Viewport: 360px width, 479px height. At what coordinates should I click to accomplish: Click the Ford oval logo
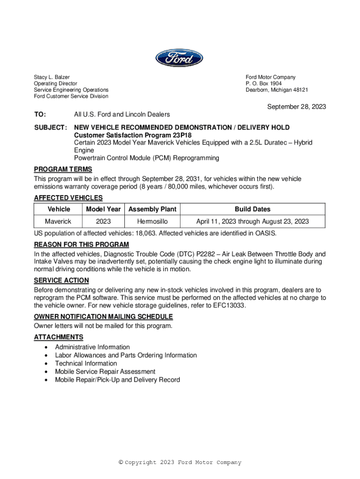pyautogui.click(x=180, y=58)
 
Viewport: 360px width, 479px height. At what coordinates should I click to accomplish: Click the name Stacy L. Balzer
pyautogui.click(x=51, y=77)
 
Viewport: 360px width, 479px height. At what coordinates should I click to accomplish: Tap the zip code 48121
pyautogui.click(x=299, y=90)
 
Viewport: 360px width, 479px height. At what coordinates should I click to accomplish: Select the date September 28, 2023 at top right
pyautogui.click(x=296, y=107)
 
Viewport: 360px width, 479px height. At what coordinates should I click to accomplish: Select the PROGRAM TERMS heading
pyautogui.click(x=63, y=169)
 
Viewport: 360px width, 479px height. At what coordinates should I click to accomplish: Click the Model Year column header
pyautogui.click(x=103, y=209)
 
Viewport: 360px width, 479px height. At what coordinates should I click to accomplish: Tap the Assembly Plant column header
pyautogui.click(x=152, y=209)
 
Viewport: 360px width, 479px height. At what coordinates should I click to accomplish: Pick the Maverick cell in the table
pyautogui.click(x=58, y=221)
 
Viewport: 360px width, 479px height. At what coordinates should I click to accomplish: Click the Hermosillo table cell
pyautogui.click(x=152, y=221)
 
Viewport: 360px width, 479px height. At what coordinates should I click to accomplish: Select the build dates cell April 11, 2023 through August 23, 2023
pyautogui.click(x=252, y=221)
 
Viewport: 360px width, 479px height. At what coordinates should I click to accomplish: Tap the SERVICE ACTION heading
pyautogui.click(x=61, y=280)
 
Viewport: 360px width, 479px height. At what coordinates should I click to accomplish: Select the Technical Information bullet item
pyautogui.click(x=86, y=363)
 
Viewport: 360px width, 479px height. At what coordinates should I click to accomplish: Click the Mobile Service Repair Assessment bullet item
pyautogui.click(x=105, y=371)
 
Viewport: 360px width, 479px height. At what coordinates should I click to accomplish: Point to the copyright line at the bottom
pyautogui.click(x=180, y=463)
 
